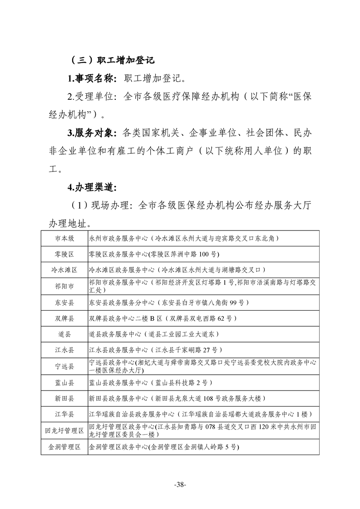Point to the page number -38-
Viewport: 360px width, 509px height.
tap(180, 485)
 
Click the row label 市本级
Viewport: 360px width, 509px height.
tap(64, 238)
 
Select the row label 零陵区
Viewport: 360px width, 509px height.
tap(64, 254)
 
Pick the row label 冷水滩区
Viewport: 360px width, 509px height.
tap(64, 270)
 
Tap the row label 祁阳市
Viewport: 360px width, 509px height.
tap(64, 286)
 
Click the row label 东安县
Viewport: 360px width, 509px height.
tap(64, 302)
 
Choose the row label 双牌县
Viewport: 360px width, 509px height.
tap(64, 318)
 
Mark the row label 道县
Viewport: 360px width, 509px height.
tap(64, 334)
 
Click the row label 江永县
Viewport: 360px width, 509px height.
tap(64, 350)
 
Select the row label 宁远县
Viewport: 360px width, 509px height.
tap(64, 366)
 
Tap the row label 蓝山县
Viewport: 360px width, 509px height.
tap(64, 382)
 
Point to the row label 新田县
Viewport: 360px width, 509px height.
tap(64, 398)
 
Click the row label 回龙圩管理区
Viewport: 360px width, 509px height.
tap(64, 431)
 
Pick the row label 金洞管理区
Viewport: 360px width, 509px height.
tap(64, 447)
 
